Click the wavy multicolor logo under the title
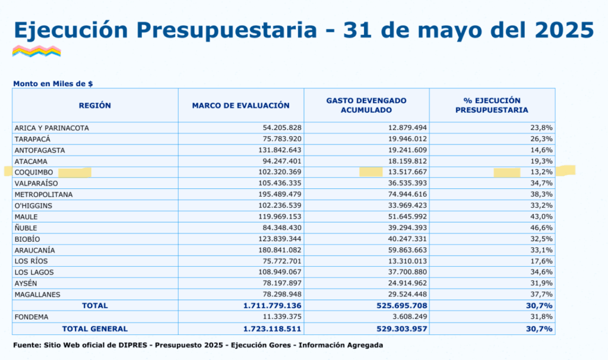(36, 51)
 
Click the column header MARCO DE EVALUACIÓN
(241, 106)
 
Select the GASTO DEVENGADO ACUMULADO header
(366, 105)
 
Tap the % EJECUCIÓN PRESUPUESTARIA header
(492, 105)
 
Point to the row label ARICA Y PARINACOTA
(52, 128)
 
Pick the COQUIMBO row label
(34, 172)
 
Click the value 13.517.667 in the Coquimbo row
(407, 172)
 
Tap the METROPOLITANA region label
(43, 194)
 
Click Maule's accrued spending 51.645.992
(407, 216)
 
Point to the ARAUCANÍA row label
(34, 250)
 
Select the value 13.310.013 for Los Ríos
(407, 261)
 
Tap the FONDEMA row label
(31, 317)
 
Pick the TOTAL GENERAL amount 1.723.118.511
(272, 329)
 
